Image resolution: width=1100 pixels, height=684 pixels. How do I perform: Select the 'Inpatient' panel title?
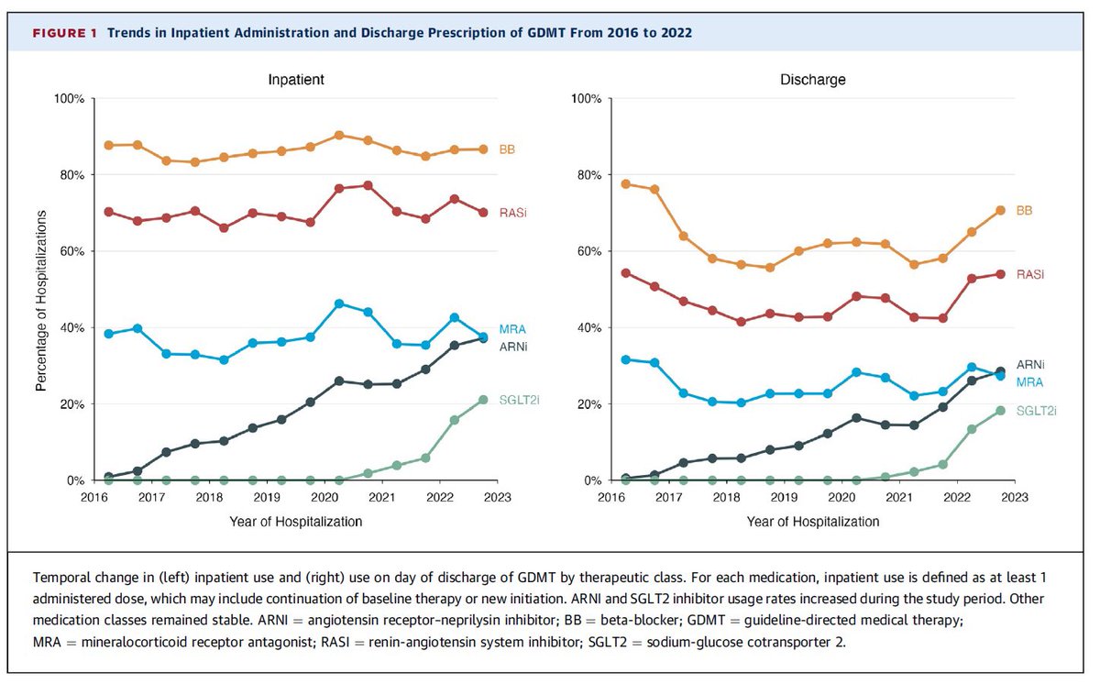[x=296, y=80]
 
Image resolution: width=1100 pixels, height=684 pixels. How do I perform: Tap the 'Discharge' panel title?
[x=813, y=80]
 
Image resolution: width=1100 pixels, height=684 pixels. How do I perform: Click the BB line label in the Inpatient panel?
[x=506, y=149]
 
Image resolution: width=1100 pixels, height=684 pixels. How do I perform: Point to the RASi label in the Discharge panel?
[x=1030, y=274]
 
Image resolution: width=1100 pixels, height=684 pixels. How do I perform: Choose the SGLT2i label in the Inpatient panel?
[x=520, y=400]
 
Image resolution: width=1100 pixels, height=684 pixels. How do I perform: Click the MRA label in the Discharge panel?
[x=1028, y=381]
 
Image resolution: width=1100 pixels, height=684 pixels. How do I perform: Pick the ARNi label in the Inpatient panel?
[x=512, y=347]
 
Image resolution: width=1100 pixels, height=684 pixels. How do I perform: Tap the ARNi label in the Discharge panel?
[x=1030, y=364]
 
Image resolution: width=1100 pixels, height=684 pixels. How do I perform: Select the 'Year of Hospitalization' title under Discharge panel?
[x=813, y=522]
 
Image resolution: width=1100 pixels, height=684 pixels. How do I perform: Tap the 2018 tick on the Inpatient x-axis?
[x=211, y=498]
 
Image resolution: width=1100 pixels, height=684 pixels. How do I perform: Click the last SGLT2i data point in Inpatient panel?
[x=483, y=400]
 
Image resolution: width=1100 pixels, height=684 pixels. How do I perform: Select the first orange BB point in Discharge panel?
[x=625, y=183]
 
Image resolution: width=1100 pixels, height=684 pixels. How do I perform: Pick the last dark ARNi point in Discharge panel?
[x=1000, y=371]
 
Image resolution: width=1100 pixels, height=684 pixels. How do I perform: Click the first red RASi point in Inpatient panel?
[x=109, y=212]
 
